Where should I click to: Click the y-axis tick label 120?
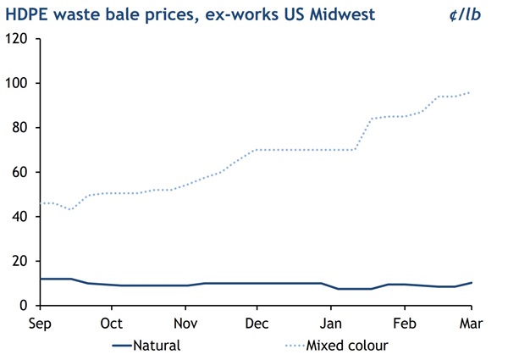(19, 39)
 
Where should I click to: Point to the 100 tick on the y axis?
(19, 83)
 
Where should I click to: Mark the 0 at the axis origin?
(25, 306)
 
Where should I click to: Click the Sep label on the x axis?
(39, 323)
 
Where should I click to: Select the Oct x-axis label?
(112, 323)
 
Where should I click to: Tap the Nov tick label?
(185, 323)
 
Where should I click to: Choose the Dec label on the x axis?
(257, 323)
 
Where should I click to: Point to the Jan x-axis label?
(331, 323)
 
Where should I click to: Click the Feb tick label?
(405, 323)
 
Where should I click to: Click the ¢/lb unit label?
(481, 14)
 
